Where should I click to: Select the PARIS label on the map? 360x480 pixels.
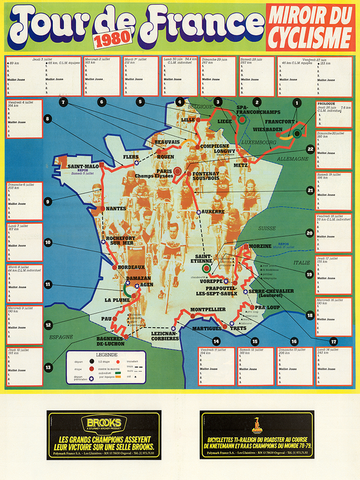click(x=164, y=171)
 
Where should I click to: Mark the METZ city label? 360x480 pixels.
click(x=242, y=162)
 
